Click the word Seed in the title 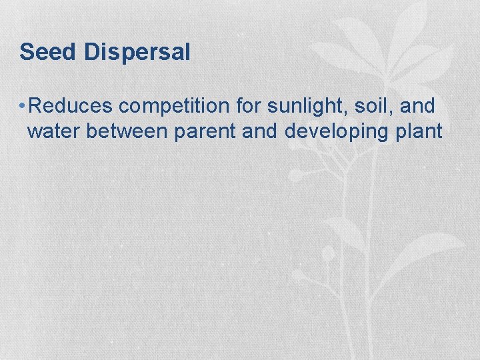(x=48, y=52)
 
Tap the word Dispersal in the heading (x=137, y=52)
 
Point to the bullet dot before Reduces (x=23, y=106)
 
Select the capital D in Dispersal (x=92, y=52)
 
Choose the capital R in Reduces (x=37, y=106)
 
